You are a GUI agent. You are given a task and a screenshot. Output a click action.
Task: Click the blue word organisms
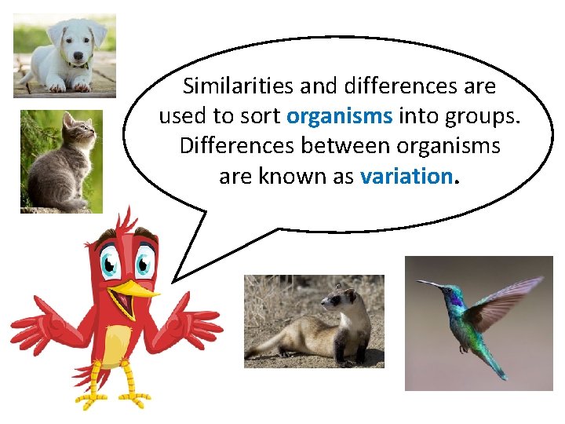click(339, 116)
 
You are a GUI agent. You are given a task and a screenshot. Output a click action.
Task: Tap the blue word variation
click(405, 176)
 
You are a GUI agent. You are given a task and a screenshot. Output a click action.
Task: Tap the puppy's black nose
click(78, 56)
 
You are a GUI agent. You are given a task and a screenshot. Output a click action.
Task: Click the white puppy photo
click(64, 55)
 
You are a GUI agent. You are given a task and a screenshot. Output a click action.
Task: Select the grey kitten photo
click(61, 161)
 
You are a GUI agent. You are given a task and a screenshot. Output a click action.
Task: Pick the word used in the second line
click(180, 116)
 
